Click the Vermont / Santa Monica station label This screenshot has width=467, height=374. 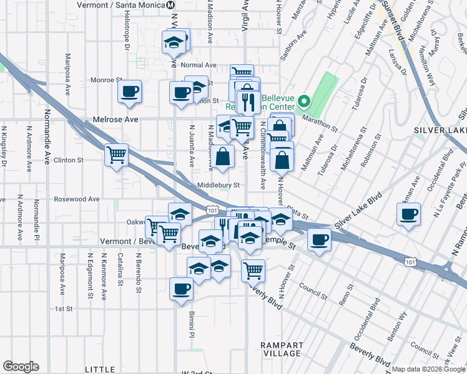point(120,4)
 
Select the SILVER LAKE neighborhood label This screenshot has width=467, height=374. point(440,130)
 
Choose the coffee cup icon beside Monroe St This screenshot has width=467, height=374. point(130,92)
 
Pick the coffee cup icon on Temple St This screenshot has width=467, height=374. point(319,239)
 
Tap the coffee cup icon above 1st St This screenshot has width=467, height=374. point(182,289)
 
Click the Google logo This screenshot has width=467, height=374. point(21,367)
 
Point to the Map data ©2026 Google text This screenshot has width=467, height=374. point(428,369)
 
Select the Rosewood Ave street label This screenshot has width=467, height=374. point(77,199)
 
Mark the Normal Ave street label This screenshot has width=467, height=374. point(198,65)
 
